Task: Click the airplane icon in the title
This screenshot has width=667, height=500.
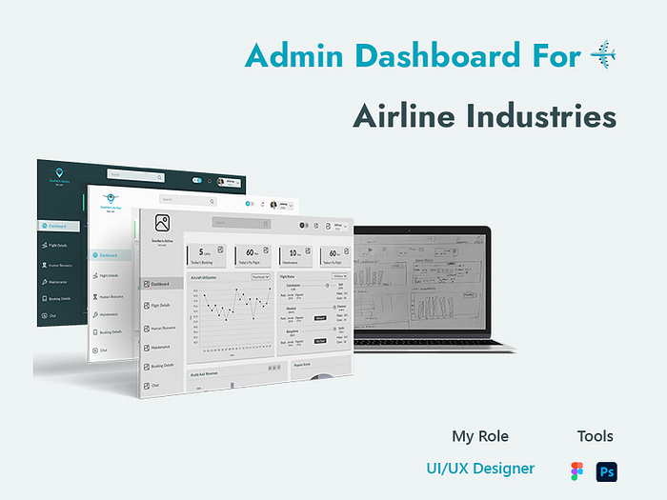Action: click(603, 55)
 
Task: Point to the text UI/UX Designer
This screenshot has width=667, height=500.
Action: click(480, 469)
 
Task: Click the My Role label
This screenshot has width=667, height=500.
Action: click(480, 436)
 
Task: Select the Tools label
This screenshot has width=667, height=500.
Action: click(595, 436)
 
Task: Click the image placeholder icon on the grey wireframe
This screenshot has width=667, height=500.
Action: click(163, 223)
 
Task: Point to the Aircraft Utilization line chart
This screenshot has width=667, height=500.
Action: click(230, 314)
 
